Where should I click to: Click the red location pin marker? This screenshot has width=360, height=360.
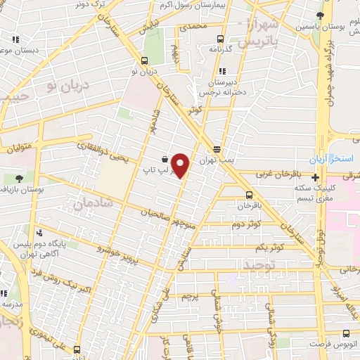(181, 166)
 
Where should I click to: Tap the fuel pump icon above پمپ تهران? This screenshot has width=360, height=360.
(217, 149)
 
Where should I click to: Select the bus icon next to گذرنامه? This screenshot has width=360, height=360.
(221, 39)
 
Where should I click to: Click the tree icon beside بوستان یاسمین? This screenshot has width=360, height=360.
(321, 15)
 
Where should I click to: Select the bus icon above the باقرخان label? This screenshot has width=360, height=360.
(249, 195)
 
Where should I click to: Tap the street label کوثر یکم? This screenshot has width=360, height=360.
(270, 247)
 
